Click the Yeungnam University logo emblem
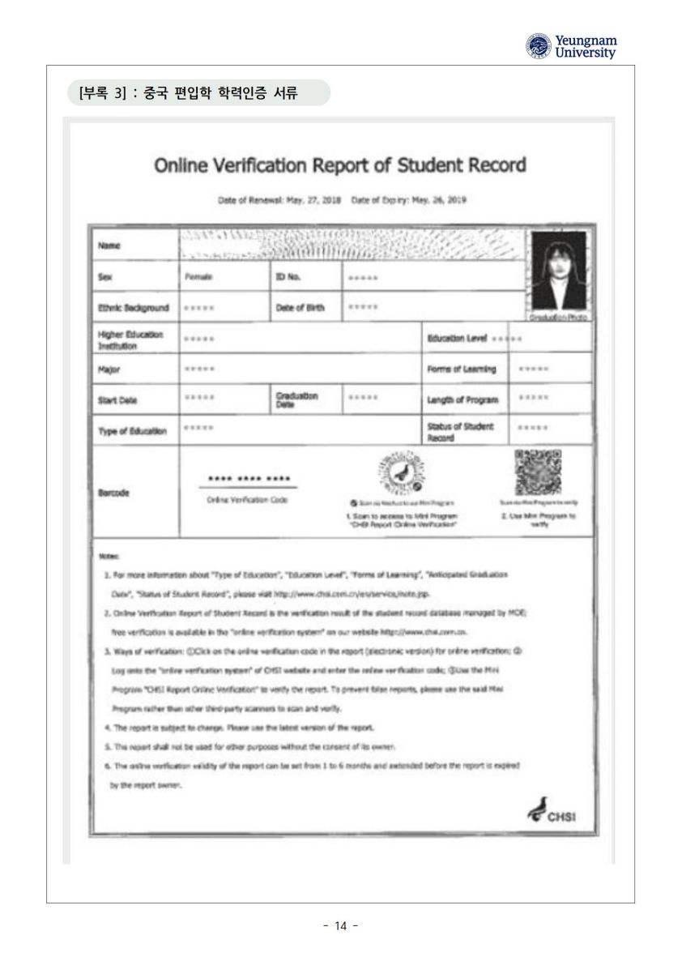(x=535, y=45)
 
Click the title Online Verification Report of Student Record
(x=339, y=165)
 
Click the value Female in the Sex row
(x=198, y=277)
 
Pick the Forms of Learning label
(x=461, y=369)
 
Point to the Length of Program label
(x=462, y=400)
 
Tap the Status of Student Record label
(x=458, y=430)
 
